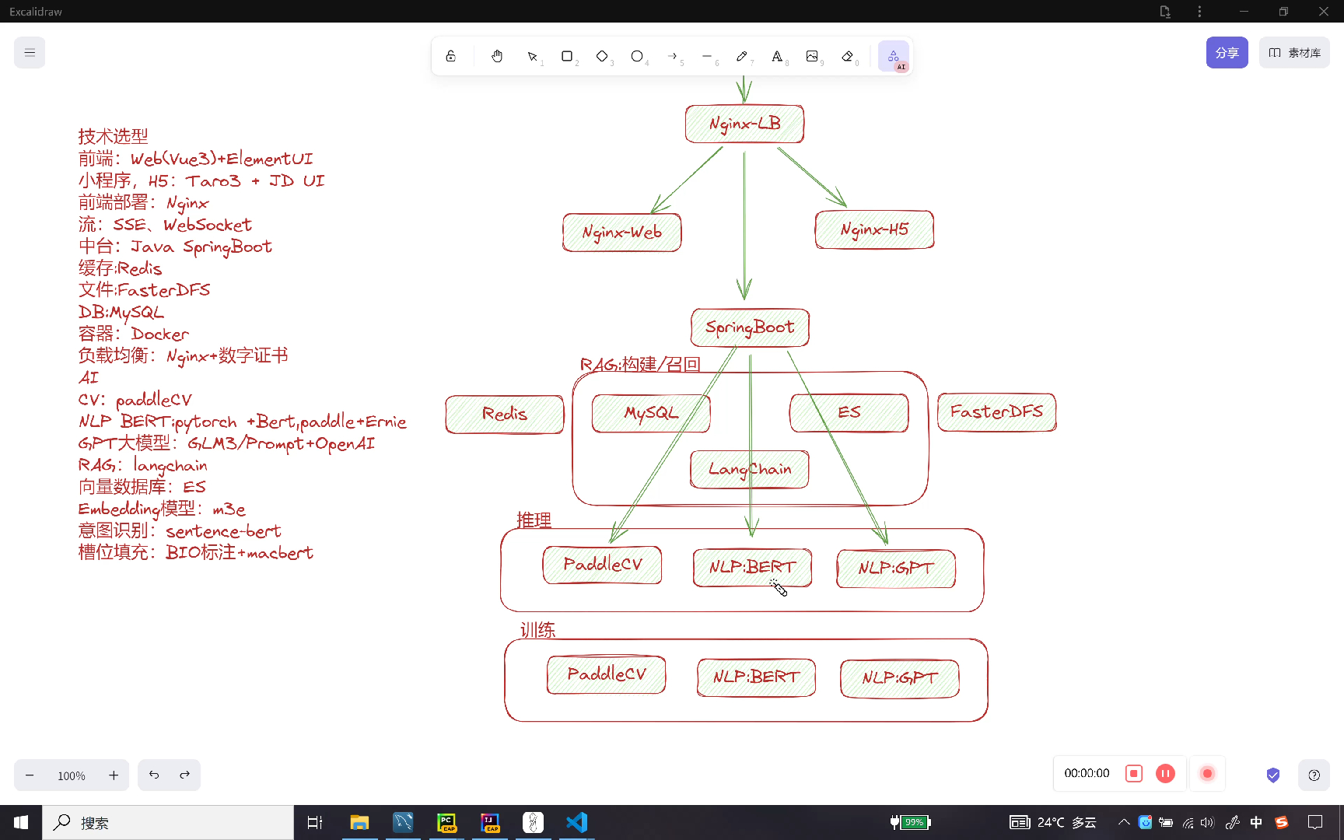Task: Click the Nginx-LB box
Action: (744, 124)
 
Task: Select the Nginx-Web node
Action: (621, 233)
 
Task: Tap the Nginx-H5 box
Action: (874, 229)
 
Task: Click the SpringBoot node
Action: (750, 327)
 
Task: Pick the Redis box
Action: (504, 414)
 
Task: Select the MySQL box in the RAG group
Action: (650, 413)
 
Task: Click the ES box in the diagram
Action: (849, 412)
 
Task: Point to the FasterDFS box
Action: (996, 412)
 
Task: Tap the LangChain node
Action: (749, 470)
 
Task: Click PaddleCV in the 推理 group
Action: (602, 565)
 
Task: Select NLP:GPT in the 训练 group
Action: (899, 678)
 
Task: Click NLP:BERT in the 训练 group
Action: (756, 677)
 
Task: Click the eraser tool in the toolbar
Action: (848, 56)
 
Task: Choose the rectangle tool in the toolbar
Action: (567, 56)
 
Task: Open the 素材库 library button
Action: (1294, 53)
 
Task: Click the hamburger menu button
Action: (30, 53)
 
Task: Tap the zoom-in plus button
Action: (114, 775)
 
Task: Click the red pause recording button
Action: (1165, 773)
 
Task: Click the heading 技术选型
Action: (113, 137)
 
